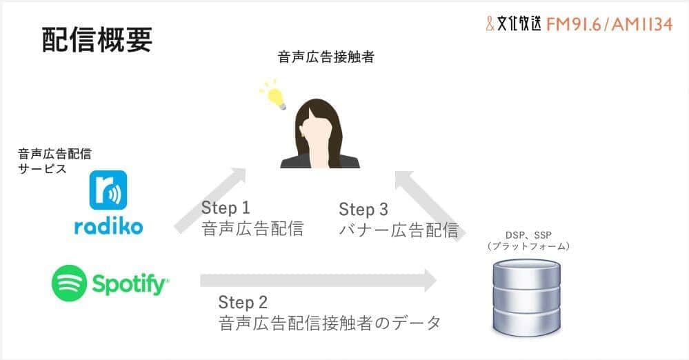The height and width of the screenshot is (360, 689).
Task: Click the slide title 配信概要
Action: [x=97, y=41]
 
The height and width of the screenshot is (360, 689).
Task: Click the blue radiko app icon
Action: [x=108, y=190]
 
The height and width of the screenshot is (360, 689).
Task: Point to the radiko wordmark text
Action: [x=108, y=226]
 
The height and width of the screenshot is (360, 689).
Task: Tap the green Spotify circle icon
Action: [x=69, y=282]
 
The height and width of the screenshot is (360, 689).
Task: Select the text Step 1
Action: [x=226, y=208]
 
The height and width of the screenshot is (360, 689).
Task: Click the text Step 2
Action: [x=243, y=302]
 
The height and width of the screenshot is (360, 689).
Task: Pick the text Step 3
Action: [x=363, y=209]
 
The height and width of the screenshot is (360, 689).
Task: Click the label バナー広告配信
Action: [x=399, y=230]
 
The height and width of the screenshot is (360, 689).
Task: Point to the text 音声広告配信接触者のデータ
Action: [x=329, y=322]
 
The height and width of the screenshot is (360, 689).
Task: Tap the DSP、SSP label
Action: [x=528, y=235]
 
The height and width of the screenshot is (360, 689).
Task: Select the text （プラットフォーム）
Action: [x=528, y=246]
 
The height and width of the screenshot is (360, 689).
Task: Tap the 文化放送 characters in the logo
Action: [x=520, y=24]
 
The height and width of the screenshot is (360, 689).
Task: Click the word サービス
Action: [x=43, y=168]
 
